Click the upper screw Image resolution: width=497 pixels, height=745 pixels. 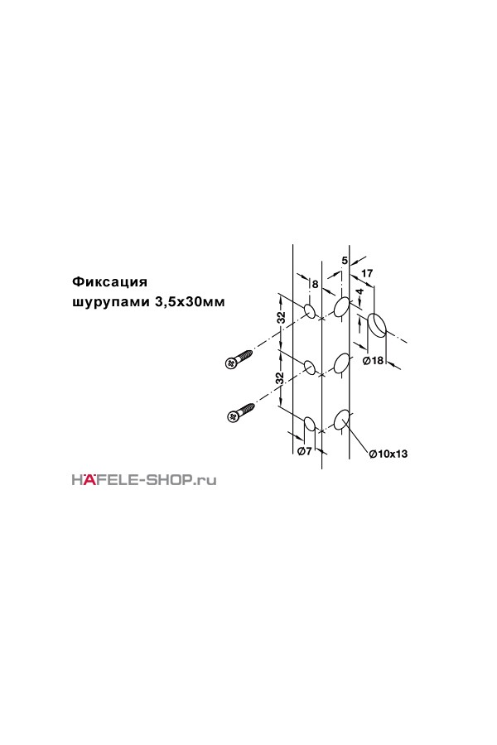[238, 358]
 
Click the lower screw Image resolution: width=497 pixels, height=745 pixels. [239, 412]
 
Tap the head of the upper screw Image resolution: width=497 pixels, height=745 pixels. [229, 363]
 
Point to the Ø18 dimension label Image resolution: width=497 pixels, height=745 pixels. [373, 360]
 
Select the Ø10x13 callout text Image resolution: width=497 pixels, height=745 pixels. [388, 454]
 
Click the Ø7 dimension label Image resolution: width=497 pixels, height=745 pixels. [304, 451]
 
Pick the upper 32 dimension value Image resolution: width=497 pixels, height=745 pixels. [281, 319]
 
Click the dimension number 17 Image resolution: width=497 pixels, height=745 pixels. [367, 273]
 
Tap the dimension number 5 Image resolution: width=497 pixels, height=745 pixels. [345, 261]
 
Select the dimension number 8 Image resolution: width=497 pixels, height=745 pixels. [315, 285]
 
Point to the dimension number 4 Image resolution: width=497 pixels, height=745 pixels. [360, 291]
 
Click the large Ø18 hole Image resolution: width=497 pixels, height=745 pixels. [377, 325]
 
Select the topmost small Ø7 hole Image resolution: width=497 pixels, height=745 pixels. [309, 311]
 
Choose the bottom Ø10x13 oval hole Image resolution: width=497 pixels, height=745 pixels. [342, 419]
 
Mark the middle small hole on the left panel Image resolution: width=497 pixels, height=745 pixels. [309, 368]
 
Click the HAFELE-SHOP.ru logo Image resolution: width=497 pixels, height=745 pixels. [144, 479]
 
